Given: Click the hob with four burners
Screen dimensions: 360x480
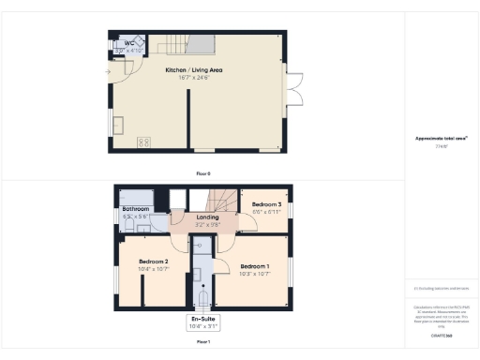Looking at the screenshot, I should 145,142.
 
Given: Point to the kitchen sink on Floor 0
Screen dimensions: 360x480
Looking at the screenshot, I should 120,124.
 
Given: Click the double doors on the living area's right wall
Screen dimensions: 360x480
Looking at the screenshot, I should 294,94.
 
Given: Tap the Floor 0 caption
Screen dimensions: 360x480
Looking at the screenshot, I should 203,174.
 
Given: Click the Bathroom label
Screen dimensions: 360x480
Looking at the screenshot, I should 137,209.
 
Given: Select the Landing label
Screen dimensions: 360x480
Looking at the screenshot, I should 207,217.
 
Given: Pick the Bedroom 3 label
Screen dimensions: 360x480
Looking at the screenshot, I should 266,204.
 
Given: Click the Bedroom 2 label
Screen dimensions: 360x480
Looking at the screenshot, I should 153,262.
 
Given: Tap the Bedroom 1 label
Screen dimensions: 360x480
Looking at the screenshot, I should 254,266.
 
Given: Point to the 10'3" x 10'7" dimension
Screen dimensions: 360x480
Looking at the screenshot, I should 254,274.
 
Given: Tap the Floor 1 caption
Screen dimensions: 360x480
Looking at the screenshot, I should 203,342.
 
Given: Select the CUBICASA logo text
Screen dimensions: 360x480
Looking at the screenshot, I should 442,335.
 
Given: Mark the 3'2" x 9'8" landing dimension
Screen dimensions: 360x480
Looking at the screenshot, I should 207,225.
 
